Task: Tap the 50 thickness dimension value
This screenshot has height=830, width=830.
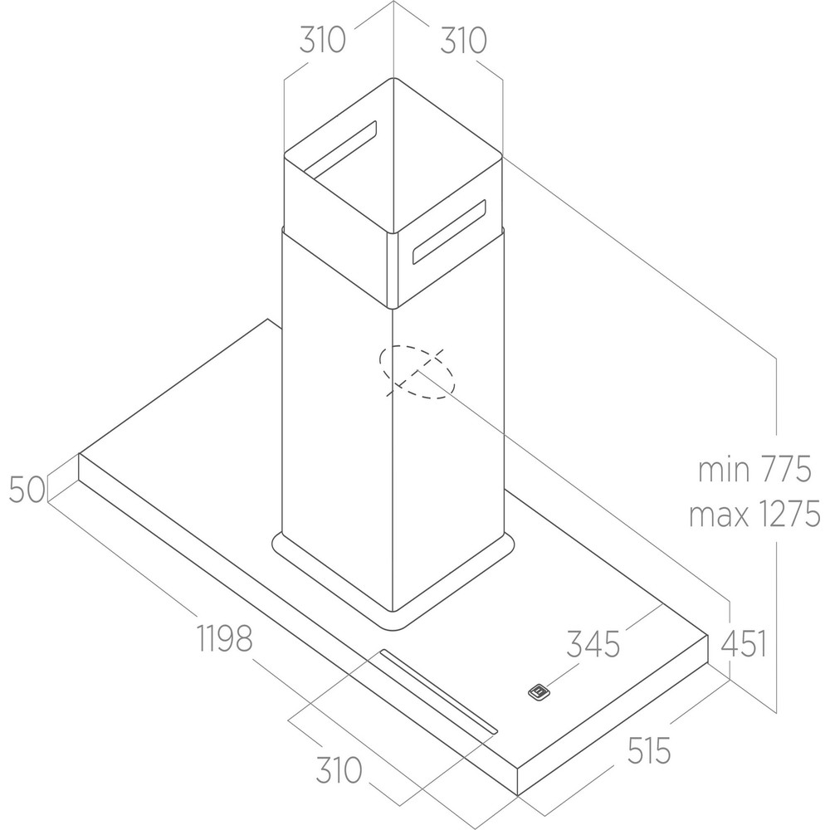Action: point(27,490)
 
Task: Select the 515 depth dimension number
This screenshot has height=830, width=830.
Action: point(649,750)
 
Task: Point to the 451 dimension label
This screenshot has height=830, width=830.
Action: point(744,643)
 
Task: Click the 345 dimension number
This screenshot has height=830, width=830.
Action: point(593,644)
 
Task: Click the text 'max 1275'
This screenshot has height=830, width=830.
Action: point(754,514)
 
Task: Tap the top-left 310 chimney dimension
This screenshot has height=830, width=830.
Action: point(322,40)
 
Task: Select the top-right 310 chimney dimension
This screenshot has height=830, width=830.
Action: point(463,40)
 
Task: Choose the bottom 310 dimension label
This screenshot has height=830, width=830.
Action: point(339,770)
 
